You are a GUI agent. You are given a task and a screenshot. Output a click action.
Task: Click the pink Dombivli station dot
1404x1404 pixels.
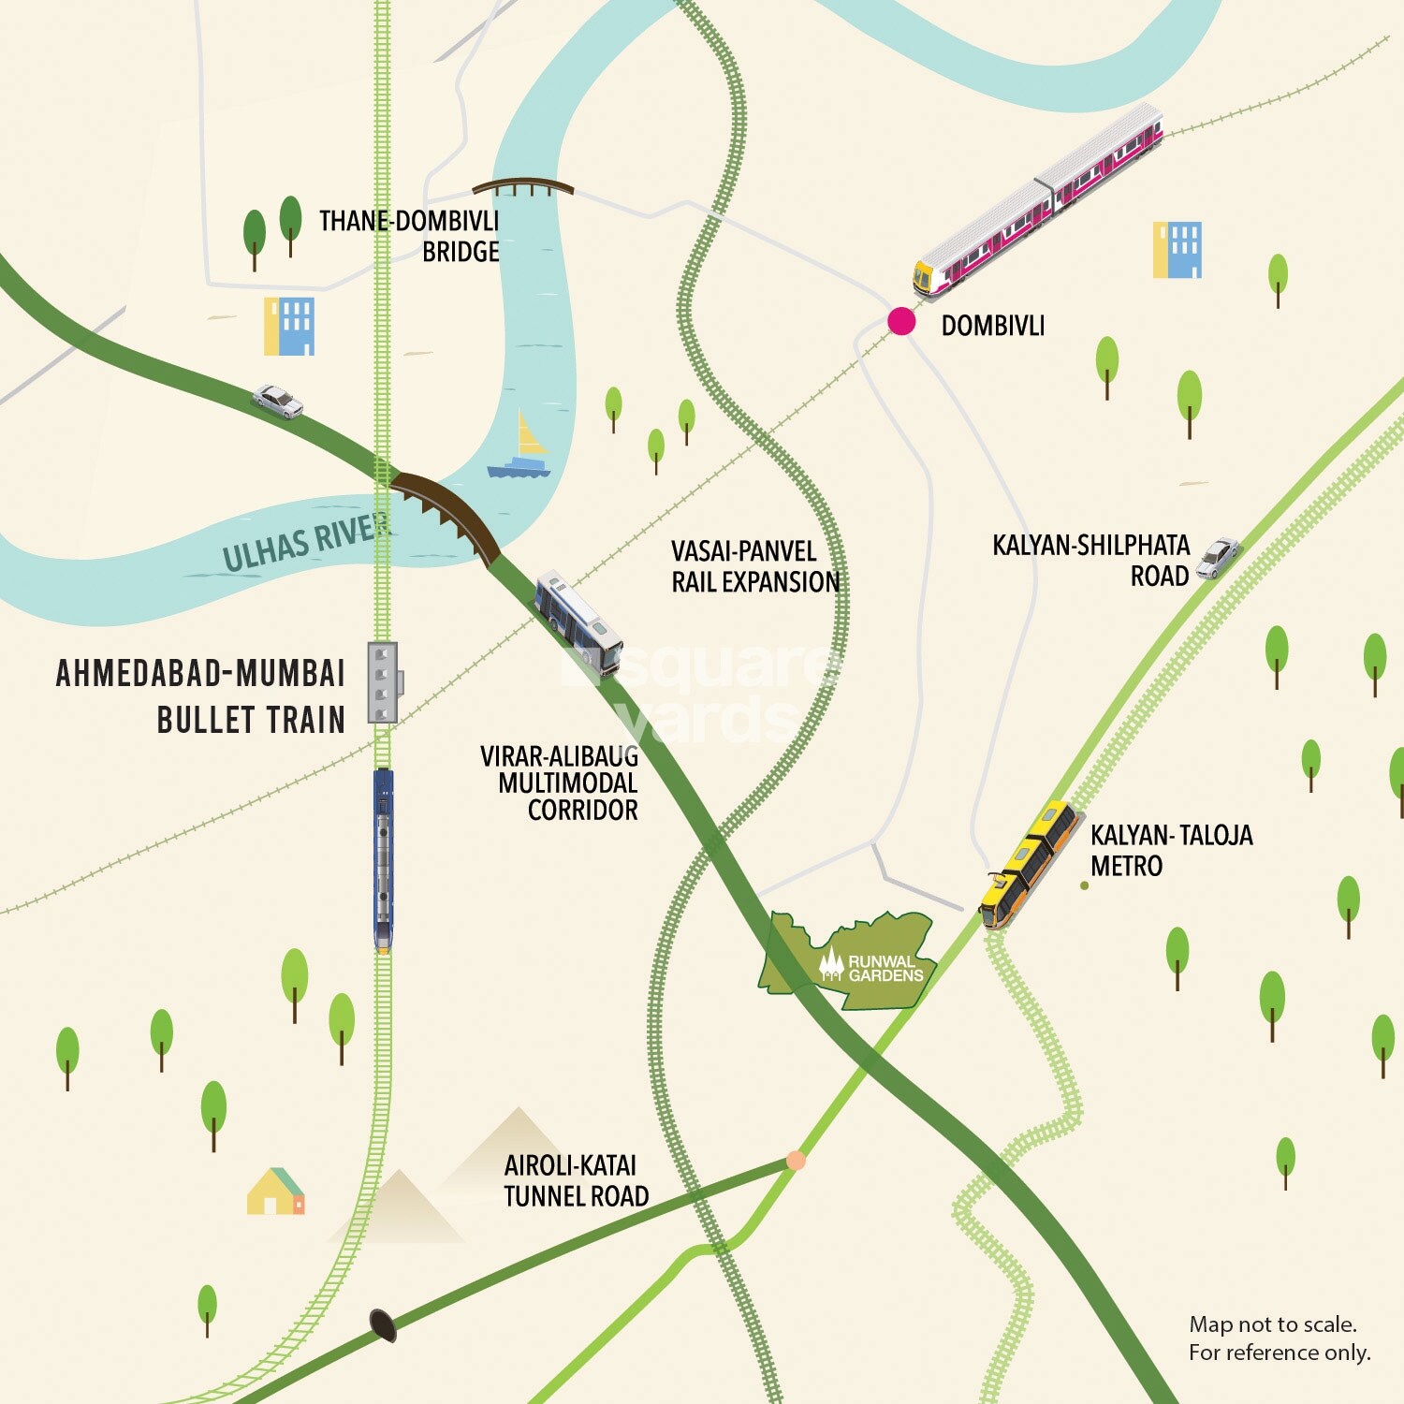pyautogui.click(x=901, y=321)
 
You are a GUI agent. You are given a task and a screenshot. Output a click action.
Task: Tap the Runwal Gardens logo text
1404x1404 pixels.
pyautogui.click(x=884, y=968)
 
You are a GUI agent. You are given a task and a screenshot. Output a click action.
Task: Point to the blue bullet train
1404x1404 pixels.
pyautogui.click(x=383, y=859)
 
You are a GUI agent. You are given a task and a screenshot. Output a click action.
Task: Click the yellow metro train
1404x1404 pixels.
pyautogui.click(x=1027, y=864)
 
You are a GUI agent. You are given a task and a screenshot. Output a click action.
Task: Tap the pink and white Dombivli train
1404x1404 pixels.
pyautogui.click(x=1039, y=198)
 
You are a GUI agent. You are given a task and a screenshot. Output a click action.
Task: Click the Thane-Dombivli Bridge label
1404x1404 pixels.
pyautogui.click(x=410, y=236)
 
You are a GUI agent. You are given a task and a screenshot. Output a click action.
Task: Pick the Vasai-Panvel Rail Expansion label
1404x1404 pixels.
pyautogui.click(x=754, y=566)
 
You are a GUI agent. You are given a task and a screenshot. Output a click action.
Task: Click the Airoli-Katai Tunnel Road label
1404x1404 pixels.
pyautogui.click(x=576, y=1180)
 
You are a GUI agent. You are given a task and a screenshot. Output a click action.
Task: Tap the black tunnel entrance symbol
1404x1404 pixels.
pyautogui.click(x=383, y=1324)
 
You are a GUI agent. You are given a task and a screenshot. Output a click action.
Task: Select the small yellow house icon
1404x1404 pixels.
pyautogui.click(x=275, y=1192)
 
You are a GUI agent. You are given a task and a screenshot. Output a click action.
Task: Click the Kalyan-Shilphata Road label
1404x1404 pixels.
pyautogui.click(x=1091, y=560)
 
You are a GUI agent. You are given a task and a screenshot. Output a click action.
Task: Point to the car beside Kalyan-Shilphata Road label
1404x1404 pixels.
pyautogui.click(x=1219, y=558)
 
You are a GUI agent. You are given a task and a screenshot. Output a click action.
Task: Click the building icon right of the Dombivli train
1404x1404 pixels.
pyautogui.click(x=1177, y=250)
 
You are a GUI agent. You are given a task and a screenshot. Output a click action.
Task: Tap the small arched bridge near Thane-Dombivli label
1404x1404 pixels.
pyautogui.click(x=522, y=187)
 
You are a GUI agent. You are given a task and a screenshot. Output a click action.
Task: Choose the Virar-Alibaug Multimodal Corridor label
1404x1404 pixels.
pyautogui.click(x=560, y=782)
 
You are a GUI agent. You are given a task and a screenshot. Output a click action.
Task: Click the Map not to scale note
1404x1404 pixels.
pyautogui.click(x=1279, y=1338)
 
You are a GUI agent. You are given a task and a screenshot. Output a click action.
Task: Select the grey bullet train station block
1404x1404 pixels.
pyautogui.click(x=382, y=682)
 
